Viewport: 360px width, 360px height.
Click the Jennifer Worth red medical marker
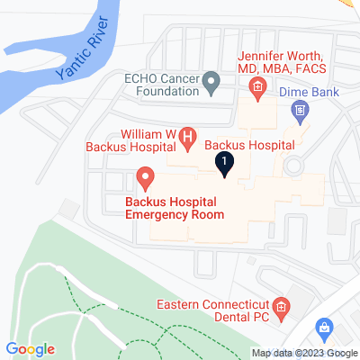[x=257, y=86]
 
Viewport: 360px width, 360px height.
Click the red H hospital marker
[x=188, y=137]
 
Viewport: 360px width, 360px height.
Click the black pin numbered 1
[x=224, y=163]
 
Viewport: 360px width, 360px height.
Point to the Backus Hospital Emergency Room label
[x=175, y=206]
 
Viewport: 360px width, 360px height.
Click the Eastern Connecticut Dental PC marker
[x=280, y=309]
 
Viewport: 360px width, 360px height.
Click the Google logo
[x=29, y=349]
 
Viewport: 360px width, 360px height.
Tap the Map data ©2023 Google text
[x=304, y=353]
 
